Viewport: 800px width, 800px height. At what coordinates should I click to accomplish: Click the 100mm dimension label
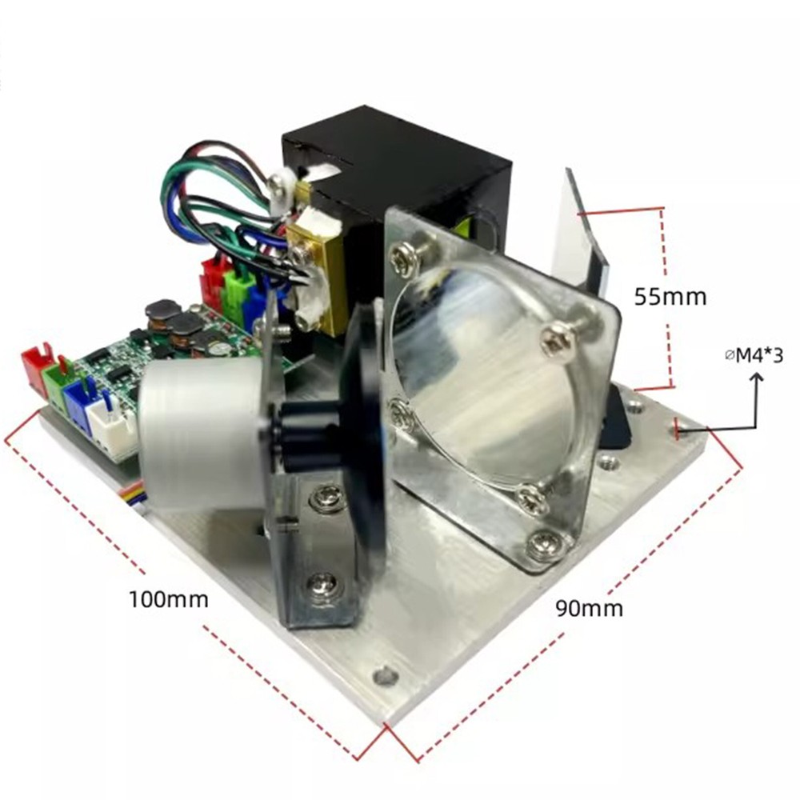coord(168,599)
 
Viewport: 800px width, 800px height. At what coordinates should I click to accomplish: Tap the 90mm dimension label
coord(590,608)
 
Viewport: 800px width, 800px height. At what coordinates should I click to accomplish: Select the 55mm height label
coord(670,297)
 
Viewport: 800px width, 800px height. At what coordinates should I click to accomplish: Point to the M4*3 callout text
coord(754,356)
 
